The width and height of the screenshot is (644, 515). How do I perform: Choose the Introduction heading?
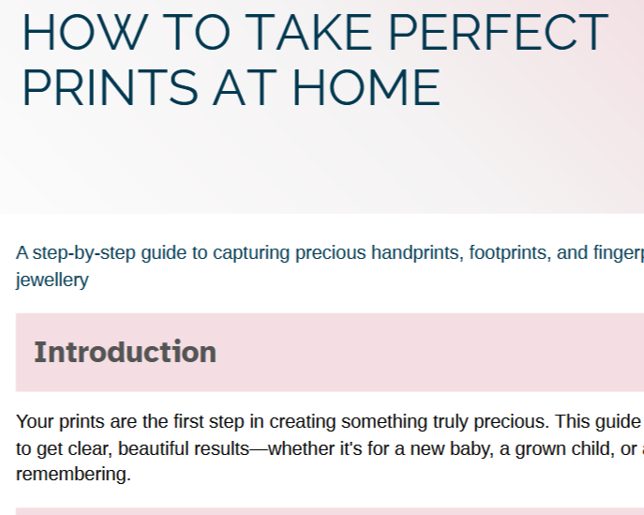(125, 352)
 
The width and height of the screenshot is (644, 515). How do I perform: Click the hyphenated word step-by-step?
(83, 252)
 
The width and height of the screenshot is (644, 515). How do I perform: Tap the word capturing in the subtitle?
(252, 252)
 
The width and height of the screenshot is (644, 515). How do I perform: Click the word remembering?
(72, 475)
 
